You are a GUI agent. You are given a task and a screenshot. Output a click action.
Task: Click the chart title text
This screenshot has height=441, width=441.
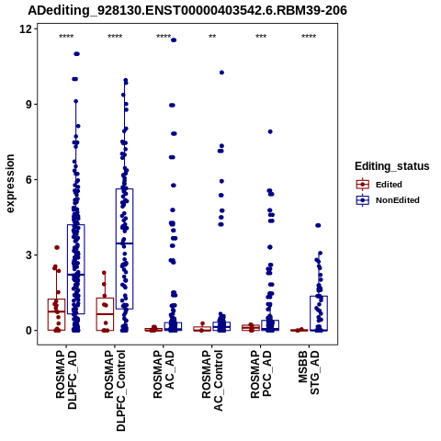click(187, 11)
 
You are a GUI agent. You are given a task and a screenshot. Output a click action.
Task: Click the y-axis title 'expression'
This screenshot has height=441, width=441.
click(10, 184)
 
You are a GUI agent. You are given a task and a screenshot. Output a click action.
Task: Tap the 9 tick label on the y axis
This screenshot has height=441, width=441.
click(29, 105)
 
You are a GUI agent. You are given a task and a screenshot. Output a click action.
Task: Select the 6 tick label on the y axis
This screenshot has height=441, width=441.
click(29, 180)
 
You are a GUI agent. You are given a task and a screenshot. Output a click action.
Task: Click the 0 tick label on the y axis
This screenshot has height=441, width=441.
click(29, 331)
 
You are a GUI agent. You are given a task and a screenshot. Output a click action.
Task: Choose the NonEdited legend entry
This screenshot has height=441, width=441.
click(388, 200)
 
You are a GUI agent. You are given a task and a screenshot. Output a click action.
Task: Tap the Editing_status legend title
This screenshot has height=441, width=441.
click(392, 166)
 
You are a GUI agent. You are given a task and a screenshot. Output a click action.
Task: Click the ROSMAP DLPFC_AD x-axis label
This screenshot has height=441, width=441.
click(66, 379)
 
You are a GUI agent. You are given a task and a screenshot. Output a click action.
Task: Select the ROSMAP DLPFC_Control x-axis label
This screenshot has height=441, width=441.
click(115, 390)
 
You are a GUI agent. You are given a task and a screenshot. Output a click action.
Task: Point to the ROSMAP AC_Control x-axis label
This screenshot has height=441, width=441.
click(212, 380)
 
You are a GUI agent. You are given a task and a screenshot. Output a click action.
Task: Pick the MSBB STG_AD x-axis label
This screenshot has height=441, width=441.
click(309, 372)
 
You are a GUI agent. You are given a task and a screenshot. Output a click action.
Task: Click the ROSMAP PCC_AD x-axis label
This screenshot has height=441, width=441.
click(261, 374)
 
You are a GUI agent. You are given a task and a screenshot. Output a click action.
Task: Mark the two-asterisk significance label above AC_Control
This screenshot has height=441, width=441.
click(212, 37)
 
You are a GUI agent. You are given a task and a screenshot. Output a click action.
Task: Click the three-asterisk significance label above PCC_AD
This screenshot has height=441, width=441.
click(261, 37)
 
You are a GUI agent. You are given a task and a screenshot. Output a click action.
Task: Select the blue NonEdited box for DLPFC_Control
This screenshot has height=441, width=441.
click(124, 249)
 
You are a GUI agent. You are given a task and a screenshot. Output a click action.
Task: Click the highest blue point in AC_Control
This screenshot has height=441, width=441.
click(221, 73)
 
